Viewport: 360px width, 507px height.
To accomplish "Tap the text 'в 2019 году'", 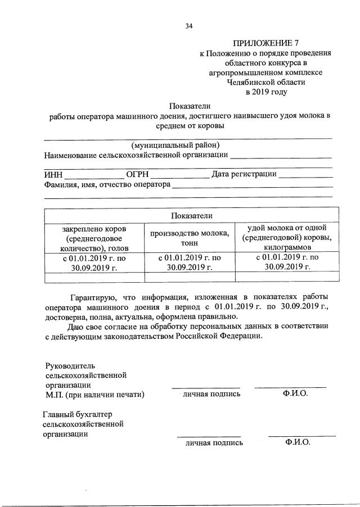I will [265, 91].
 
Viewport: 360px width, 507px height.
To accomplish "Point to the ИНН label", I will [53, 174].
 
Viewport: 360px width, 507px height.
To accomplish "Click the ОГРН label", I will [137, 174].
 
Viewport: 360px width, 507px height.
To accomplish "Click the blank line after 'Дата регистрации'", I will [306, 176].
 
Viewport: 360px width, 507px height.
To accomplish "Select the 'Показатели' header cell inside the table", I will [192, 216].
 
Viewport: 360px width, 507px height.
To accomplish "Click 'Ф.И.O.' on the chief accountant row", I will [298, 442].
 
